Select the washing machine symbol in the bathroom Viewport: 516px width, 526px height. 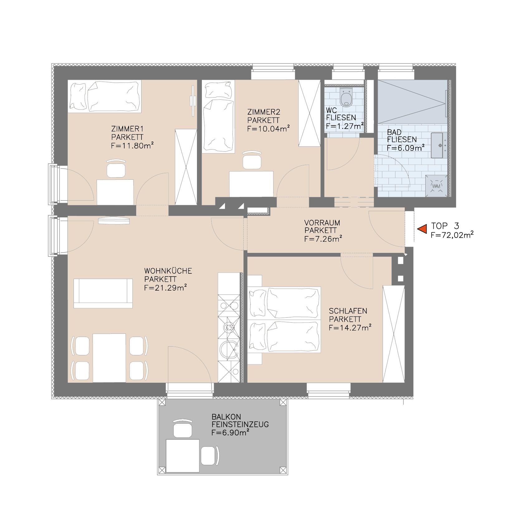click(x=436, y=186)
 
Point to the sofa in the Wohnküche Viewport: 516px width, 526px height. click(x=103, y=293)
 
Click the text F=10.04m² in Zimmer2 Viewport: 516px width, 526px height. click(x=269, y=128)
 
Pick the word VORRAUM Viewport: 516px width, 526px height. click(x=322, y=223)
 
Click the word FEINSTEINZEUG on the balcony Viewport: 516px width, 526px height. click(x=240, y=424)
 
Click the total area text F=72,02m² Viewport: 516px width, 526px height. click(x=452, y=235)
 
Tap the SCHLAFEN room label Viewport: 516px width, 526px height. click(x=348, y=311)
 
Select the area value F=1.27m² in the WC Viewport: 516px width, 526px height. click(x=345, y=126)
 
